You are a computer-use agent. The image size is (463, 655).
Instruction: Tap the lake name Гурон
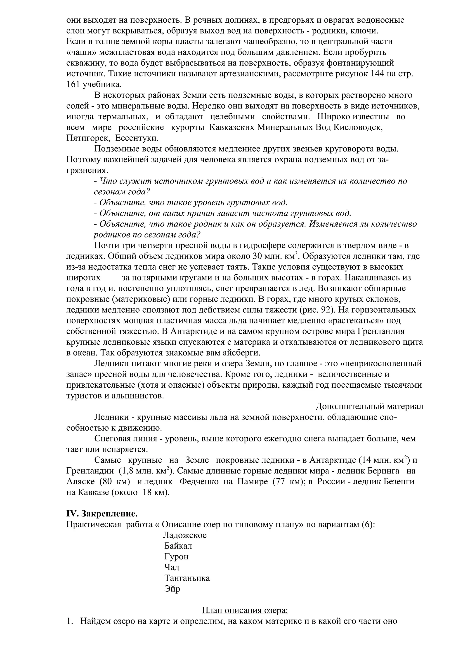(x=176, y=557)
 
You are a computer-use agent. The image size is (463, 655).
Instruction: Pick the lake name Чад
(x=172, y=567)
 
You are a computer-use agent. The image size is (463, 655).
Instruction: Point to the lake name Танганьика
(x=187, y=578)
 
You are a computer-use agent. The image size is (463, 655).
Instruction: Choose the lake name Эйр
(x=172, y=589)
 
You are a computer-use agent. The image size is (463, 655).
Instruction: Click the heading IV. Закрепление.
(x=102, y=514)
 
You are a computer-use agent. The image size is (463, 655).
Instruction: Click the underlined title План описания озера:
(x=245, y=610)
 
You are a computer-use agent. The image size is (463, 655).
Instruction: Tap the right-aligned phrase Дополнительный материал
(x=369, y=406)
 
